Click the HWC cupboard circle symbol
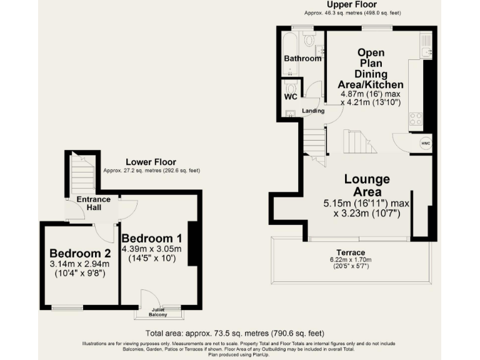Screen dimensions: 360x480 [425, 142]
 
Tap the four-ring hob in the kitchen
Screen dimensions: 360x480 [416, 119]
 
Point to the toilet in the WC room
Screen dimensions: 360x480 [291, 87]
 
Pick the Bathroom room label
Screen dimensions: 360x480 [302, 59]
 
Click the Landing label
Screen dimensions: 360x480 [313, 111]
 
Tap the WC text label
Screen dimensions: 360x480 [291, 97]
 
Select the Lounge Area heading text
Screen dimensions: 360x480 [367, 186]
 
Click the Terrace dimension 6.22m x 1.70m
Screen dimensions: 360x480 [351, 260]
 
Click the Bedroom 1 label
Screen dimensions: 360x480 [152, 238]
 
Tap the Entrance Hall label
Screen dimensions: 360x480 [94, 203]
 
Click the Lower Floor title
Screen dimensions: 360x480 [151, 162]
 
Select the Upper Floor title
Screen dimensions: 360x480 [351, 4]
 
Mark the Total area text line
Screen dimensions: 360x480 [234, 333]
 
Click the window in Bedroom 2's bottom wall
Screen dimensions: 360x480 [67, 307]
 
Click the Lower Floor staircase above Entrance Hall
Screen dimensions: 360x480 [82, 175]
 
